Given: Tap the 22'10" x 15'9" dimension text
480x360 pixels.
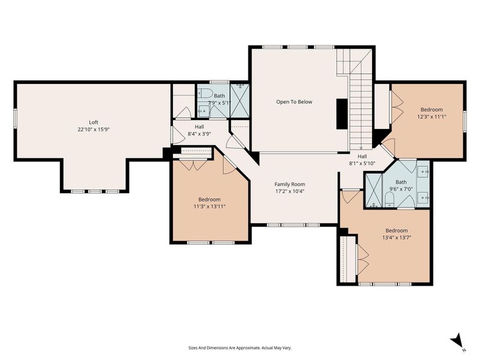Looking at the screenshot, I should coord(93,130).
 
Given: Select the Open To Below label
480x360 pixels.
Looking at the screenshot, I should coord(294,102).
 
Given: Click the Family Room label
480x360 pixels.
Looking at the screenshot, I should coord(290,184).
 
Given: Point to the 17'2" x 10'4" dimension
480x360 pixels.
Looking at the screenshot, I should coord(290,192).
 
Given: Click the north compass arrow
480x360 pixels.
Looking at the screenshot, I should coord(457,340).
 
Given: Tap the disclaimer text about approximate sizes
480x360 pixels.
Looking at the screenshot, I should coord(240,348).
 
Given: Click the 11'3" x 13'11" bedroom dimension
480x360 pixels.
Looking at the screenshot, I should coord(209,207).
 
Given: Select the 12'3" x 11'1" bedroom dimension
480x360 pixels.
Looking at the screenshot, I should coord(431,117).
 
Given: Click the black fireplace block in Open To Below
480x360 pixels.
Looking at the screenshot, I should coord(341,113).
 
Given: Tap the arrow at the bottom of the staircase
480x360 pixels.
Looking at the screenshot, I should coord(361,146).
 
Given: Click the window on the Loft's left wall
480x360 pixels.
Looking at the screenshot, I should coord(16,118).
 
